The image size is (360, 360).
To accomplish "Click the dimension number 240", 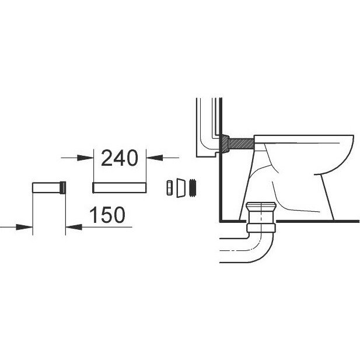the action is (120, 158).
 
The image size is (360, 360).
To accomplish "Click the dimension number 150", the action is (107, 215).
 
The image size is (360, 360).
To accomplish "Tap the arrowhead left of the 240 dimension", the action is (85, 158).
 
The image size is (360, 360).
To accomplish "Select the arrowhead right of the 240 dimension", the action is (154, 158).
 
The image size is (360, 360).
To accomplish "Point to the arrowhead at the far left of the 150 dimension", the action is (25, 228).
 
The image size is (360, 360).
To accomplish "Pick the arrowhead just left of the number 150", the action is (74, 228).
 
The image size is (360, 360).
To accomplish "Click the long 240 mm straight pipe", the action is (120, 188).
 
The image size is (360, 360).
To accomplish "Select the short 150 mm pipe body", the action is (46, 188).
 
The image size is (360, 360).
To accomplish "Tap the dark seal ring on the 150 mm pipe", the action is (62, 188).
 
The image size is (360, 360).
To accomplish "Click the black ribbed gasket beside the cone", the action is (193, 187).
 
